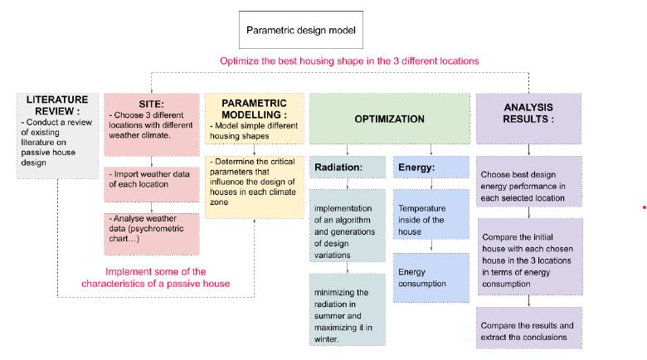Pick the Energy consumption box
431,277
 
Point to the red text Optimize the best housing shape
349,61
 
